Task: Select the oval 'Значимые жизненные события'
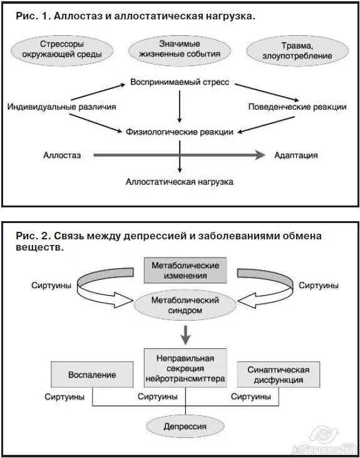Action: [180, 49]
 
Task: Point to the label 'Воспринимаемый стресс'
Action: [180, 82]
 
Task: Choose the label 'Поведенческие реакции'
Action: [297, 107]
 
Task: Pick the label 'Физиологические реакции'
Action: [180, 132]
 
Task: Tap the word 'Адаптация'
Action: [296, 155]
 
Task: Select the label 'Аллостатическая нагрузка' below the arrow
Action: [180, 182]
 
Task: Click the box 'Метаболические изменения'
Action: [180, 271]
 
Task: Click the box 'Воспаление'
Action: [92, 375]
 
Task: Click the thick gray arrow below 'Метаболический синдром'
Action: [185, 335]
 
